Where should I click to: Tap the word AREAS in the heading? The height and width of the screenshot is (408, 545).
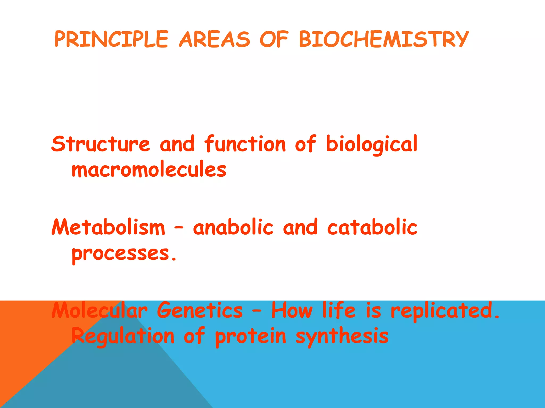pyautogui.click(x=214, y=39)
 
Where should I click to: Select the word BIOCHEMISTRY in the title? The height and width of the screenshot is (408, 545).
pyautogui.click(x=383, y=39)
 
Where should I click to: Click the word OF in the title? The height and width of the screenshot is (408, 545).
pyautogui.click(x=274, y=39)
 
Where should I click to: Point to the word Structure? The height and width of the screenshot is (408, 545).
pyautogui.click(x=101, y=144)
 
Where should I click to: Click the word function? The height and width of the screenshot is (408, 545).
pyautogui.click(x=245, y=144)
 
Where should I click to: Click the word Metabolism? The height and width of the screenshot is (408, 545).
pyautogui.click(x=108, y=227)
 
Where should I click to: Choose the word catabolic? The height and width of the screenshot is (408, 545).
pyautogui.click(x=372, y=227)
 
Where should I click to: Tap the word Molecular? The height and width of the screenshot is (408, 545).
pyautogui.click(x=99, y=310)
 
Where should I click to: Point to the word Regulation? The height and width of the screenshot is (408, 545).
pyautogui.click(x=123, y=336)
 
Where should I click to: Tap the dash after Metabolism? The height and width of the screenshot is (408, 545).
pyautogui.click(x=179, y=228)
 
